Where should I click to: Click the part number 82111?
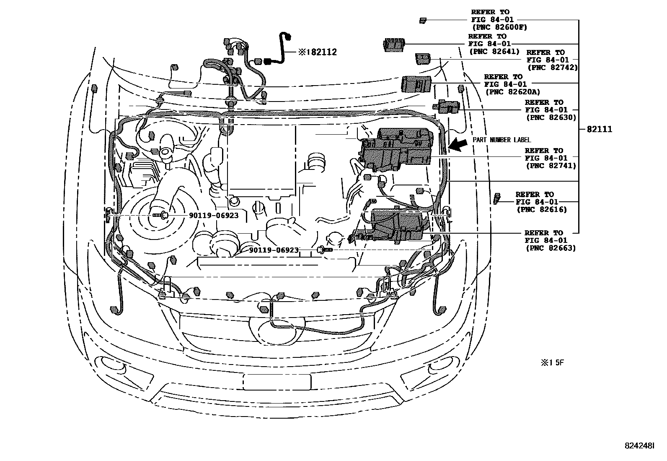coord(599,129)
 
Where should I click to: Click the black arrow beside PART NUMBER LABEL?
coord(458,145)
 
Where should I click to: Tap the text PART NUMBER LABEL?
coord(502,140)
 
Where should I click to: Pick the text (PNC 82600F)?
coord(499,27)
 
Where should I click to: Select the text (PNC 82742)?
coord(553,67)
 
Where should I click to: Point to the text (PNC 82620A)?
coord(512,91)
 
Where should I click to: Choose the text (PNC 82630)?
coord(551,117)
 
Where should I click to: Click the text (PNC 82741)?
coord(551,166)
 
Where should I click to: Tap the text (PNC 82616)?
coord(541,209)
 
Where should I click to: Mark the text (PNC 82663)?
coord(551,248)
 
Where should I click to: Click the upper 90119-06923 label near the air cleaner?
coord(214,215)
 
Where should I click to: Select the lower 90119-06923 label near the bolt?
coord(274,250)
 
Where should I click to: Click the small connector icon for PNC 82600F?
coord(423,20)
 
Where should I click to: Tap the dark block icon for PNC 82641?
coord(394,44)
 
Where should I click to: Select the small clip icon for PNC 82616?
coord(497,198)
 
